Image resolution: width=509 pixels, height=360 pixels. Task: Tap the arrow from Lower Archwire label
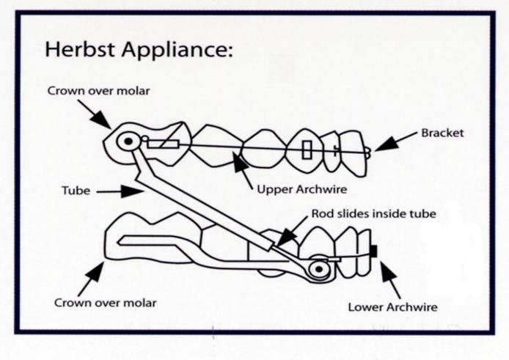click(389, 278)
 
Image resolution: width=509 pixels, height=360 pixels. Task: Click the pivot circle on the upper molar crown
click(129, 140)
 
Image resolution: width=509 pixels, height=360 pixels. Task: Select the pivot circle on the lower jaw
click(318, 269)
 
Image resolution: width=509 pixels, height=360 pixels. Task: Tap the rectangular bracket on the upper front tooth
click(307, 150)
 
